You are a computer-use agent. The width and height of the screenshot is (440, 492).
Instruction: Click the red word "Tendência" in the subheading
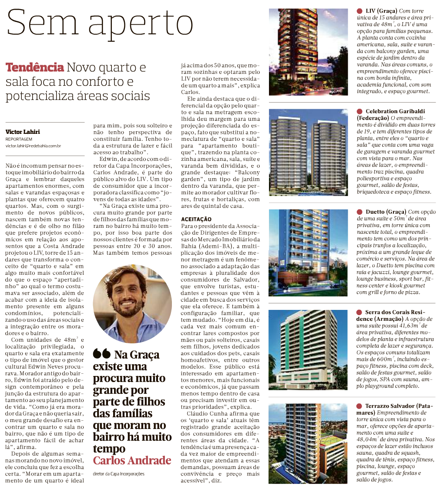(x=34, y=68)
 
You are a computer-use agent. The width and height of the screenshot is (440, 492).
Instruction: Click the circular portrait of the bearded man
(x=132, y=303)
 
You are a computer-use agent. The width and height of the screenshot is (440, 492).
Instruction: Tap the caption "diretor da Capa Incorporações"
(x=118, y=473)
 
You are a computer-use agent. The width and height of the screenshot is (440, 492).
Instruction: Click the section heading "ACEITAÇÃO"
(x=196, y=219)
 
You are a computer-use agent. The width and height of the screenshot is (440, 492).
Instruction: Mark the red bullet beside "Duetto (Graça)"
(x=360, y=212)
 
